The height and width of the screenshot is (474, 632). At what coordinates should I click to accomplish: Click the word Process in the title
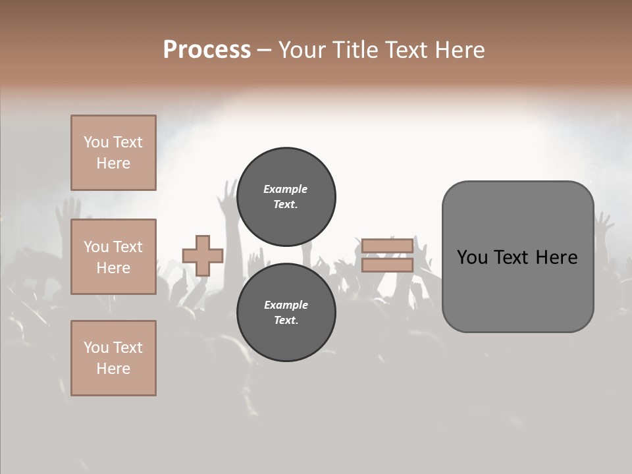point(207,50)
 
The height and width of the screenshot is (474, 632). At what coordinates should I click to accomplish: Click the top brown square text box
point(113,153)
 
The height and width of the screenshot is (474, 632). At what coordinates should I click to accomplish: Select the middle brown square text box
point(113,257)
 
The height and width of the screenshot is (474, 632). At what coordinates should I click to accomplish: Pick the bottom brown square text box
point(113,358)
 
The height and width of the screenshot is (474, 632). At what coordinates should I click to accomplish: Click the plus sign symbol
point(203,255)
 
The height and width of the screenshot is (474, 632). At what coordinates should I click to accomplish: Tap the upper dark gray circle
point(286,196)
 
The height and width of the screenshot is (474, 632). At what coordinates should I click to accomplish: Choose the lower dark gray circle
point(286,312)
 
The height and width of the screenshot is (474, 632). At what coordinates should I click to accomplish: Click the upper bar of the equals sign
point(387,246)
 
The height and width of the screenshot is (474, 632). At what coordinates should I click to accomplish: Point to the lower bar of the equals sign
point(387,265)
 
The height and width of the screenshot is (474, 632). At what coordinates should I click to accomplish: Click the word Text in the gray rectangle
point(509,257)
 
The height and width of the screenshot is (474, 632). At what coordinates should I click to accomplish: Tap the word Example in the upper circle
point(286,189)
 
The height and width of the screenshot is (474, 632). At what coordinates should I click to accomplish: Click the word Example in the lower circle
point(286,305)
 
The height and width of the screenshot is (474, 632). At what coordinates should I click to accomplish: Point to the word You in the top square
point(95,142)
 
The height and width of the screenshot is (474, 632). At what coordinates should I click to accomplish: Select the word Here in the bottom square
point(113,369)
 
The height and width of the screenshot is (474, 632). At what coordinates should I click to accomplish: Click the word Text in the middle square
point(128,247)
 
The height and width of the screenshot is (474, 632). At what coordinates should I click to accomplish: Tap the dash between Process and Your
point(265,50)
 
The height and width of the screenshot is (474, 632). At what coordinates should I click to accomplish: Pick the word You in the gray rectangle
point(471,257)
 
